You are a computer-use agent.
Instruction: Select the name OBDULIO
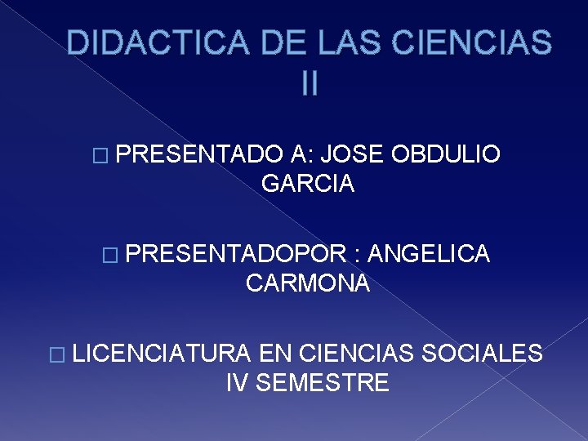(446, 154)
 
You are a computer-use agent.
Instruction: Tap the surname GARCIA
(308, 184)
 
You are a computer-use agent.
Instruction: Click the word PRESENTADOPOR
(238, 254)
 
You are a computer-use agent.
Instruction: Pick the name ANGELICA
(429, 254)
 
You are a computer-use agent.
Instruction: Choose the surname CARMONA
(308, 283)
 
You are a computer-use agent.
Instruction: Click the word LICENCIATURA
(162, 353)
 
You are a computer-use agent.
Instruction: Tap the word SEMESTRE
(323, 382)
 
